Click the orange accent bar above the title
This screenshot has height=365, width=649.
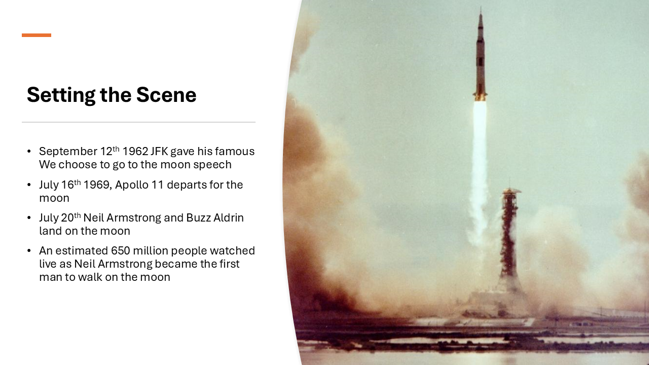coord(37,35)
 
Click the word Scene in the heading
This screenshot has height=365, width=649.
coord(166,95)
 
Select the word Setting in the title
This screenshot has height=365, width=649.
coord(61,95)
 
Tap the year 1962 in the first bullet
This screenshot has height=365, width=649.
coord(135,151)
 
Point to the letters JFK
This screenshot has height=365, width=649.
coord(159,151)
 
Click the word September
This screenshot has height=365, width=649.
coord(68,152)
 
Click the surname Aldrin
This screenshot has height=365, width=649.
coord(229,218)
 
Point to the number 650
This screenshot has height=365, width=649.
coord(121,251)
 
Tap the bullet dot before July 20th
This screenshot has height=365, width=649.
coord(29,218)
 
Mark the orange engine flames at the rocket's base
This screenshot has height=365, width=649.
coord(480,97)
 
